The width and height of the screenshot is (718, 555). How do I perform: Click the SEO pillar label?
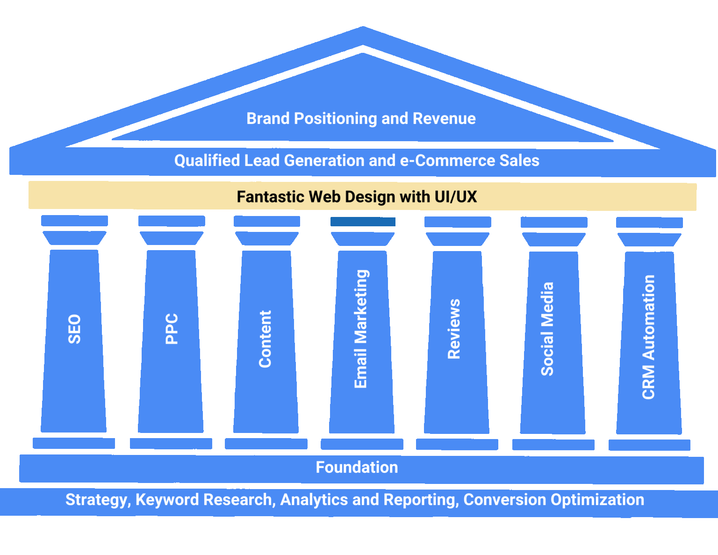[74, 329]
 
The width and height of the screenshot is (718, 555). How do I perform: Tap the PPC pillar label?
[172, 329]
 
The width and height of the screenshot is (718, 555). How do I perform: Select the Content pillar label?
[265, 339]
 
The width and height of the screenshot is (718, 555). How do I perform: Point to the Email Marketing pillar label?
[361, 329]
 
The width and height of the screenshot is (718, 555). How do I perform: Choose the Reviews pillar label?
[454, 329]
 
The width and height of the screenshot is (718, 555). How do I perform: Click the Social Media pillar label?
[547, 329]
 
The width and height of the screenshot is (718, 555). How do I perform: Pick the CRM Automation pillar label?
[648, 337]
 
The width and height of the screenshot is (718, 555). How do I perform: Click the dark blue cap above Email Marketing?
[363, 222]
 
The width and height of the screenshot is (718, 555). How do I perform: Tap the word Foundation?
[357, 467]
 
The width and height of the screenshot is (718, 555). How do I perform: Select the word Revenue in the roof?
[444, 118]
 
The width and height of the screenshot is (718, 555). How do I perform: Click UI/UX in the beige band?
[456, 196]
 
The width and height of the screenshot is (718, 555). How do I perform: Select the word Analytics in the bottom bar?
[314, 500]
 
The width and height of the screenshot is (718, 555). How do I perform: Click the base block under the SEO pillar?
[74, 443]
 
